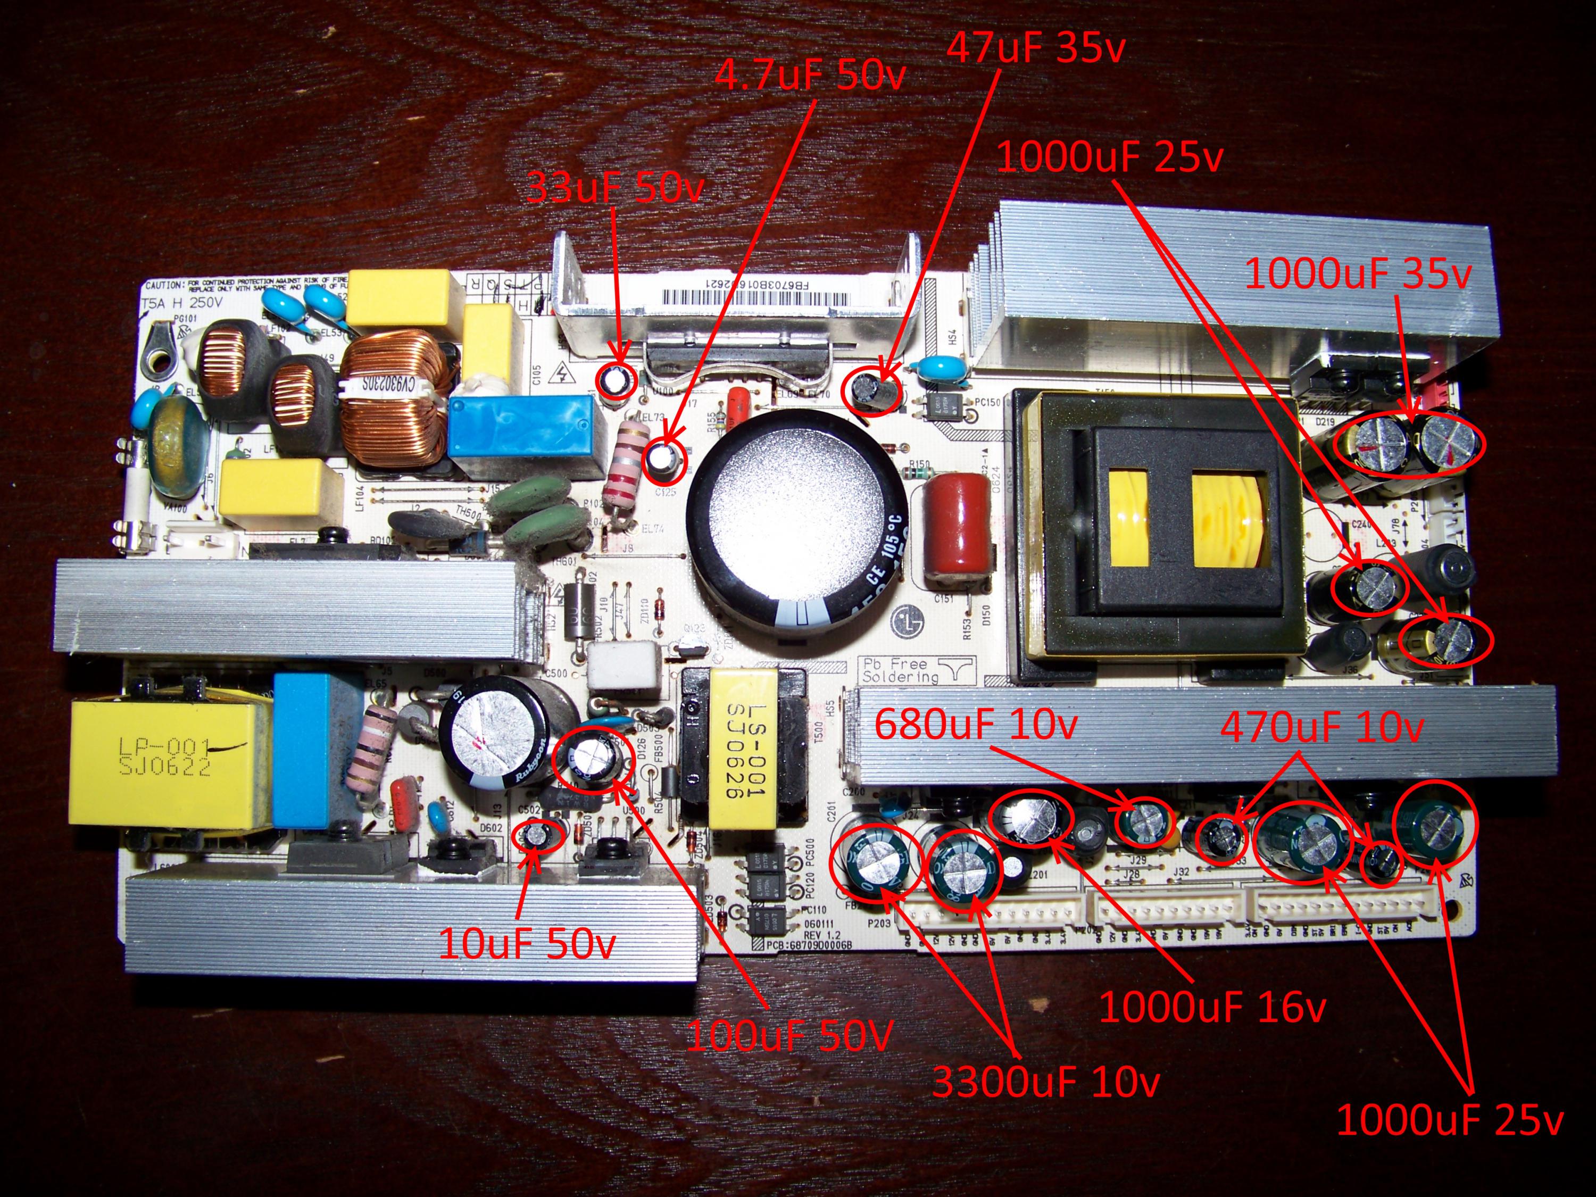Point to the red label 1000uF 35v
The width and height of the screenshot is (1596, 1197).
pyautogui.click(x=1357, y=274)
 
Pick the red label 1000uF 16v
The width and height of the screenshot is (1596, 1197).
pyautogui.click(x=1212, y=1007)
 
